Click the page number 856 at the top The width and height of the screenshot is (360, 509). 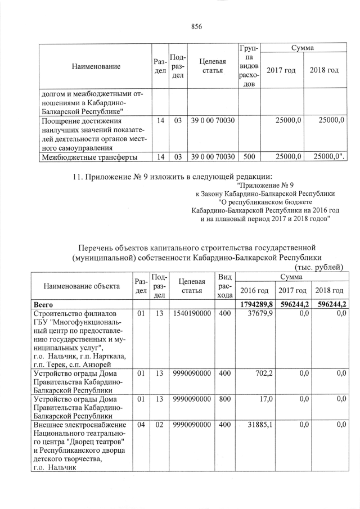pyautogui.click(x=196, y=26)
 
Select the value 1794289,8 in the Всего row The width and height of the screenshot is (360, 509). pyautogui.click(x=256, y=304)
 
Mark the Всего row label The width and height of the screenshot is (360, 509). pyautogui.click(x=44, y=304)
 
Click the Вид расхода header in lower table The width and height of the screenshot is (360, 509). pyautogui.click(x=225, y=286)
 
